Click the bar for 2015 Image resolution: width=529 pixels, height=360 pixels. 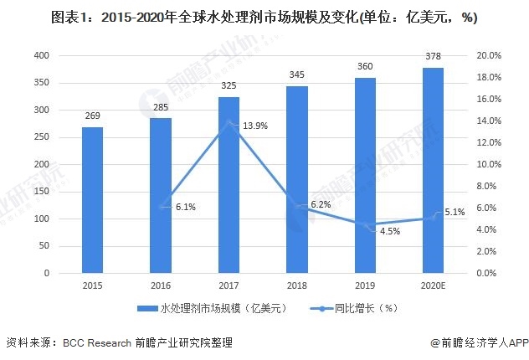coord(92,200)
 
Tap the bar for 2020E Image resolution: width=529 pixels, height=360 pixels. coord(433,171)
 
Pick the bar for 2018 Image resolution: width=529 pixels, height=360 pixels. coord(296,179)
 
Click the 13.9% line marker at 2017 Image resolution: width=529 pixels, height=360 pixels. coord(229,122)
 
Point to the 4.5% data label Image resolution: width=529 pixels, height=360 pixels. coord(390,231)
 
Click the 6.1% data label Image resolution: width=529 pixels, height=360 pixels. coord(185,207)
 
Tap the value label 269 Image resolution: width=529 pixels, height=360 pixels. coord(92,116)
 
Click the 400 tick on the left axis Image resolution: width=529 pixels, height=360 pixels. coord(42,56)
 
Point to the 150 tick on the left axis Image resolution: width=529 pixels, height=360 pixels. coord(42,192)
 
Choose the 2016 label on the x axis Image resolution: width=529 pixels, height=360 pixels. coord(161,285)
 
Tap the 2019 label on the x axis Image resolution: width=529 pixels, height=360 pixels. coord(364,285)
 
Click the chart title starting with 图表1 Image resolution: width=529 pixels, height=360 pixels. coord(264,17)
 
